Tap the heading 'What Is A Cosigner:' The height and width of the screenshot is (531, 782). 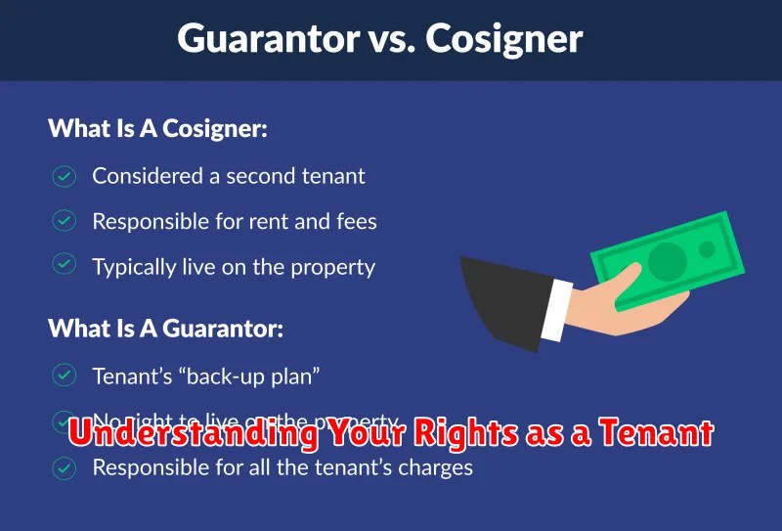(x=157, y=129)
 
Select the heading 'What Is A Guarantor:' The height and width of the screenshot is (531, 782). (x=165, y=329)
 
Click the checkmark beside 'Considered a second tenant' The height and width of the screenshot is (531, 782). (x=65, y=176)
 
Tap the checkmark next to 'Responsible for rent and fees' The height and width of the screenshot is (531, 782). (x=65, y=222)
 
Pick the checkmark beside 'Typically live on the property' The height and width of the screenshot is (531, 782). (x=65, y=267)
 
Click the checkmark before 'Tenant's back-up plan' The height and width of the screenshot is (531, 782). (x=65, y=376)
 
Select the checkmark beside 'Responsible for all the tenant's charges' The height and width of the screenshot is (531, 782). (x=65, y=467)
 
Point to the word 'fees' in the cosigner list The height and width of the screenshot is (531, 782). (x=356, y=222)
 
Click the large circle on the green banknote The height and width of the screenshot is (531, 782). (x=669, y=260)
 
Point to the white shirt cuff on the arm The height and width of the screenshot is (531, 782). (x=554, y=308)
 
